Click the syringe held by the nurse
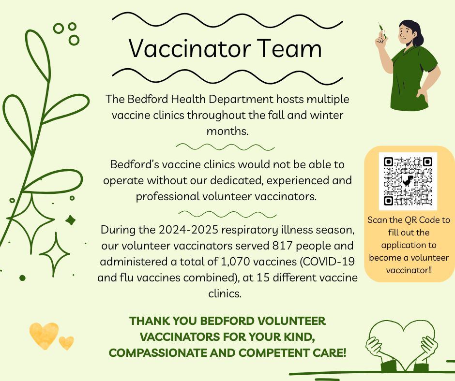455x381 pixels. [x=382, y=30]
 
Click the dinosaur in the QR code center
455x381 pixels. [x=409, y=181]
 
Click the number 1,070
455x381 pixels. [x=235, y=262]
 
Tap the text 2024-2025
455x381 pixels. [x=188, y=230]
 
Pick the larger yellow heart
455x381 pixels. [x=44, y=335]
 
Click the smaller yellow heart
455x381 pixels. [x=66, y=343]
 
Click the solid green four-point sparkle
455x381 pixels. [x=71, y=220]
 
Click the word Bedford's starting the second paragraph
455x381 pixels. [x=135, y=165]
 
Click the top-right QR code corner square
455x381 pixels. [x=427, y=162]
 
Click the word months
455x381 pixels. [x=227, y=132]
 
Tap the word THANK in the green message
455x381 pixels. [x=150, y=321]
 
